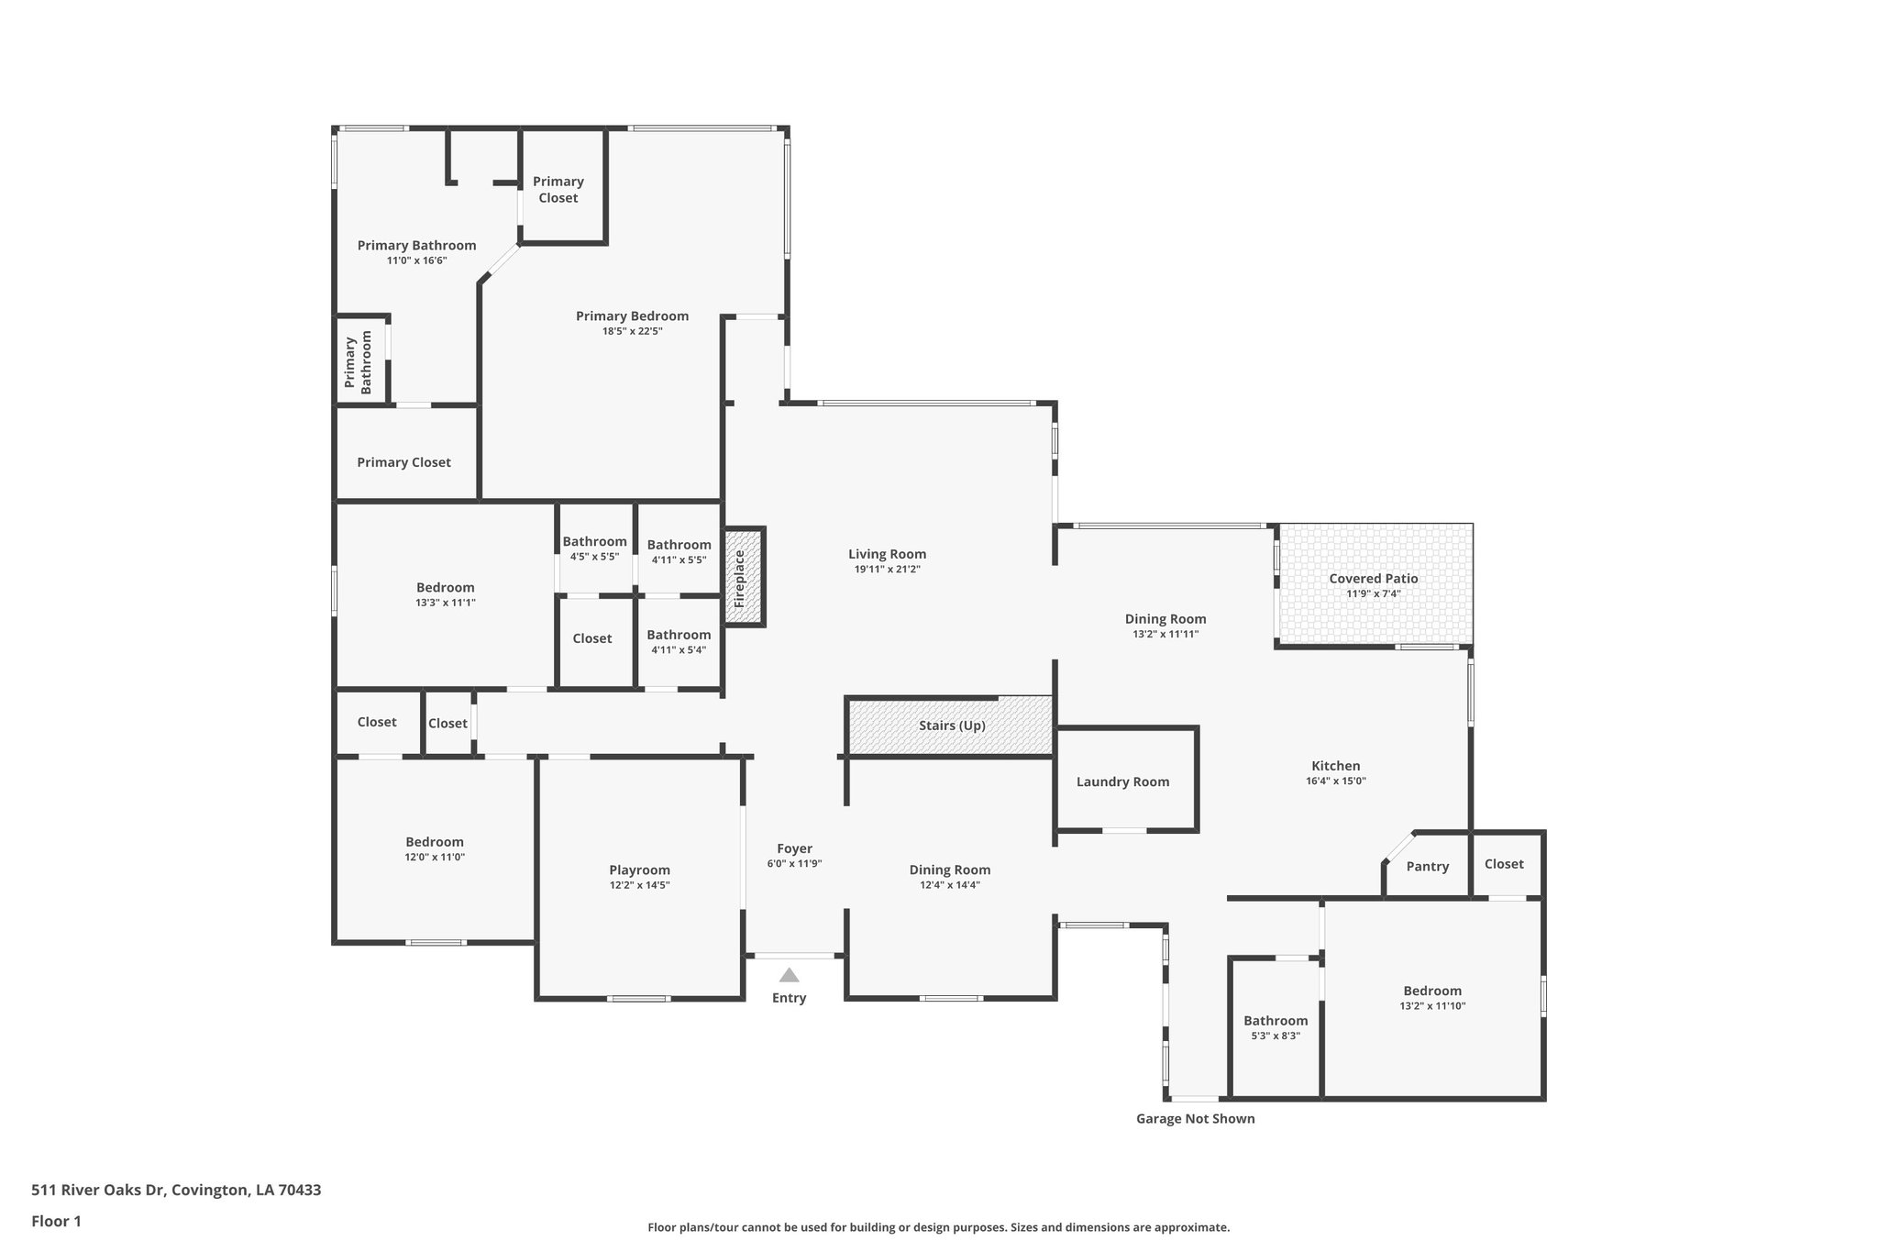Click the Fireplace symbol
coord(743,578)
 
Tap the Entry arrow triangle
coord(789,975)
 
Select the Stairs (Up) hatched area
coord(951,726)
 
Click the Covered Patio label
coord(1373,579)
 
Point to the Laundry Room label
coord(1122,782)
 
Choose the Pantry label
coord(1427,867)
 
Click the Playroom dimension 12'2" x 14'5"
coord(639,885)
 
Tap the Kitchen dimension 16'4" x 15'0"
coord(1335,781)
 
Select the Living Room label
coord(887,554)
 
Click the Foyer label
coord(794,849)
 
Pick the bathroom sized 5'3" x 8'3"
coord(1275,1027)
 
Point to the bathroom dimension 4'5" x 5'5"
coord(594,557)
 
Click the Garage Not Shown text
coord(1195,1119)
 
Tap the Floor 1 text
coord(56,1221)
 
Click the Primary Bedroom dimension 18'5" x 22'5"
coord(632,331)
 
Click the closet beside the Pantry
coord(1504,864)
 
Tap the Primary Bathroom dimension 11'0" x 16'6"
coord(416,260)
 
